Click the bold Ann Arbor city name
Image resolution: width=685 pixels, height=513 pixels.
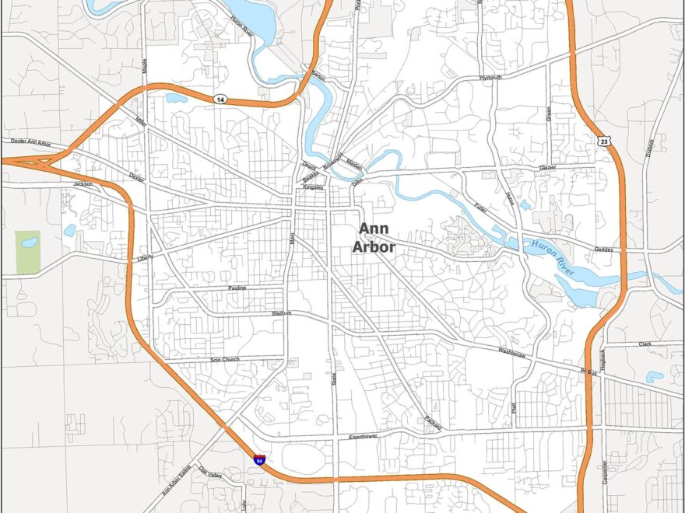(x=377, y=238)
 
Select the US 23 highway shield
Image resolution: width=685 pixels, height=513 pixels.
(x=603, y=141)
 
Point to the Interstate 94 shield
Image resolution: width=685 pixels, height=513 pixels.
(x=258, y=460)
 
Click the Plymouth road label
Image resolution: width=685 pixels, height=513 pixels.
(x=491, y=78)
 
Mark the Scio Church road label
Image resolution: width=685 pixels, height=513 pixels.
(x=225, y=359)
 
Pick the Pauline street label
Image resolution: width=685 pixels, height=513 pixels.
(x=237, y=288)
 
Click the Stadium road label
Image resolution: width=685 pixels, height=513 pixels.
(x=281, y=313)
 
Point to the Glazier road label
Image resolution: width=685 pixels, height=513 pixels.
(x=548, y=167)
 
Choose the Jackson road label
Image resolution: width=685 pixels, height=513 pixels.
(x=83, y=184)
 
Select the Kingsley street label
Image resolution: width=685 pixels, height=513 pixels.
(x=313, y=187)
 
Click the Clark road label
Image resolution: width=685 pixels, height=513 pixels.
(x=645, y=344)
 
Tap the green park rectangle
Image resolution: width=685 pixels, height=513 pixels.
(x=28, y=253)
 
